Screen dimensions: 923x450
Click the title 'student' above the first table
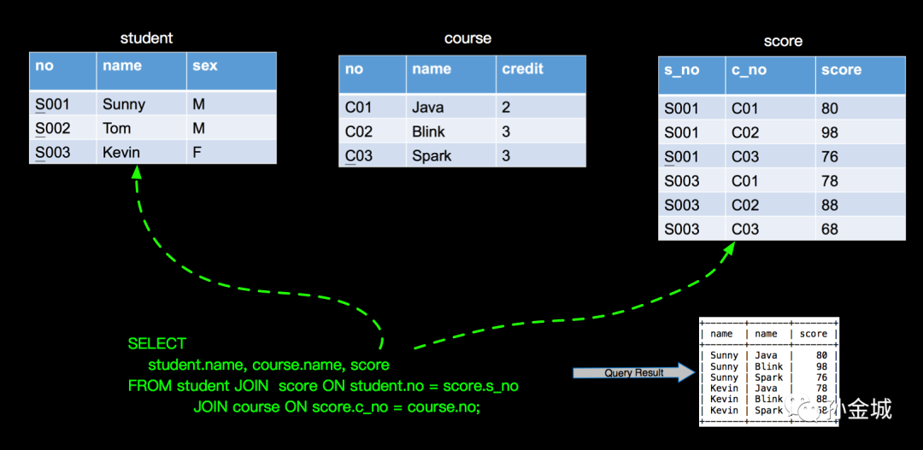point(147,38)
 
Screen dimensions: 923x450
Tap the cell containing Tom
point(116,128)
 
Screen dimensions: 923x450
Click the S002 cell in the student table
point(52,128)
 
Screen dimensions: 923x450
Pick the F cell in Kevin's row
point(197,153)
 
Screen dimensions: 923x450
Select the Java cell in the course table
point(428,108)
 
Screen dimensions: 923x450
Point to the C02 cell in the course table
point(358,131)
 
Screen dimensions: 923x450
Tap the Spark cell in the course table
point(432,156)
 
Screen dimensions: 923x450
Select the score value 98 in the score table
point(829,133)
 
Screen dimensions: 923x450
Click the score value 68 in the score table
point(829,229)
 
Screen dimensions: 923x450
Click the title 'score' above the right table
point(783,41)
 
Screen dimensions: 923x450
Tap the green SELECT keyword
point(156,343)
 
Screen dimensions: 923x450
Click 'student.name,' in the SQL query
point(197,365)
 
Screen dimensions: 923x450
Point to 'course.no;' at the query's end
point(444,406)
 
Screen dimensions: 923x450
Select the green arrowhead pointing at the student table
point(137,171)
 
